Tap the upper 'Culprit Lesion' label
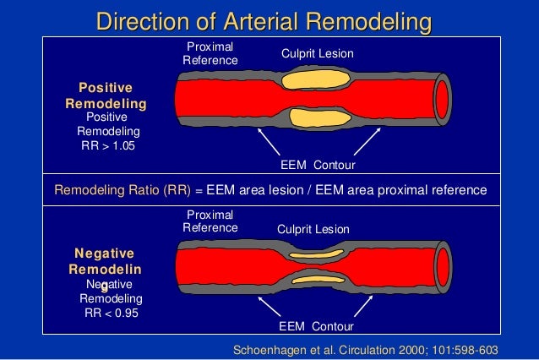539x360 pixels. point(317,54)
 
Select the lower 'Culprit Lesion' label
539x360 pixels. point(313,229)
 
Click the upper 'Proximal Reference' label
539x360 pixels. point(210,52)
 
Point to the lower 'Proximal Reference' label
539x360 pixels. point(210,221)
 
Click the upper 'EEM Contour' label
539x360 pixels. point(317,163)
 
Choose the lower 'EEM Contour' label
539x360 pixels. point(316,325)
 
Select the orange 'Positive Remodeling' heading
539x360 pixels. point(106,95)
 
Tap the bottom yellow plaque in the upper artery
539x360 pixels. point(312,117)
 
